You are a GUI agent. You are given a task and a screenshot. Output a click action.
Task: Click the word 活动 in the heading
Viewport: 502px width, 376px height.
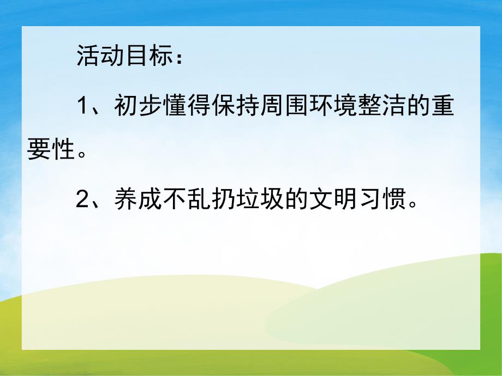tap(94, 57)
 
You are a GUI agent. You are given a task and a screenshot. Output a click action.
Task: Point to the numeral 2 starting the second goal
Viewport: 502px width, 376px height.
tap(83, 202)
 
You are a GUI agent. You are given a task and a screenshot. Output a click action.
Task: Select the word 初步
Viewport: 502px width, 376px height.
tap(133, 107)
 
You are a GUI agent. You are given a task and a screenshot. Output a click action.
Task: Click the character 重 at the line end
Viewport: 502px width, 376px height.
tap(445, 107)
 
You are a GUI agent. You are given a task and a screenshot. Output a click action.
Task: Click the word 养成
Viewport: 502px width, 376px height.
tap(133, 202)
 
